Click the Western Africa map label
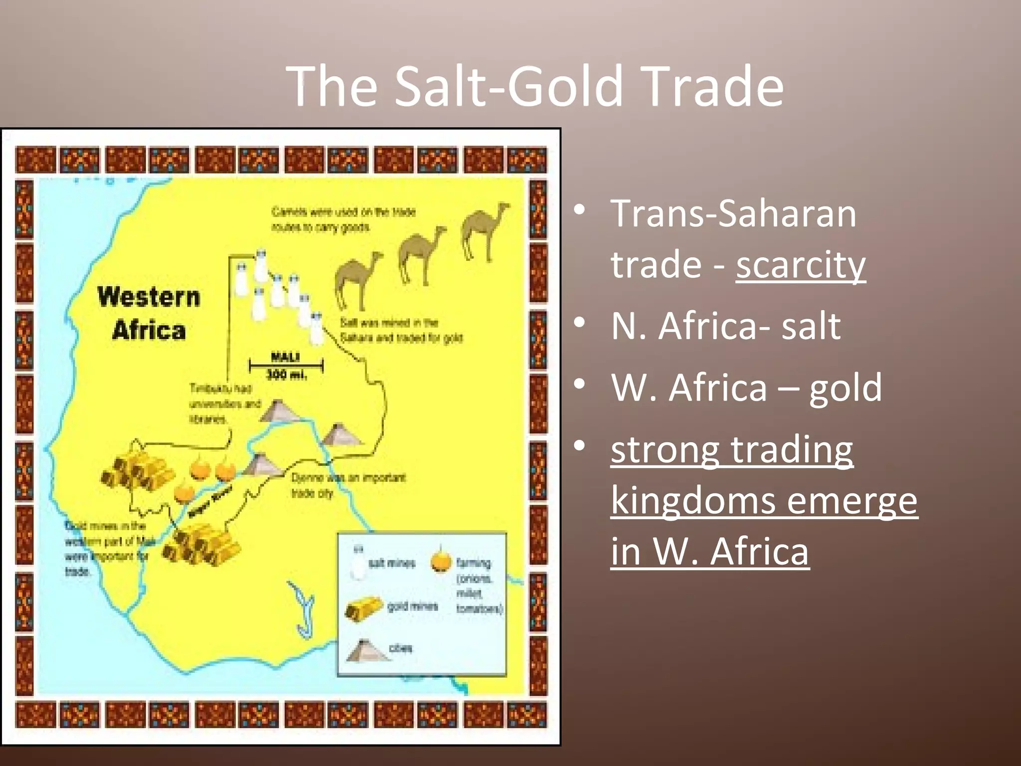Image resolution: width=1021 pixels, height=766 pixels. (149, 313)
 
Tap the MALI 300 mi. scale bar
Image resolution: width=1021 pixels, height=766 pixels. (286, 366)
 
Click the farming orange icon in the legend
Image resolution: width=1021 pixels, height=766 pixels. (441, 561)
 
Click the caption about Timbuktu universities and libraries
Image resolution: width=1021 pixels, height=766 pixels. (224, 403)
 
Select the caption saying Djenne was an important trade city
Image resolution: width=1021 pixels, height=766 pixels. (347, 485)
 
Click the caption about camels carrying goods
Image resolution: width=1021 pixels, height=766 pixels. (343, 219)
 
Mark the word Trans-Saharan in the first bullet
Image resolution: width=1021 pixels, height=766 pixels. (733, 213)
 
